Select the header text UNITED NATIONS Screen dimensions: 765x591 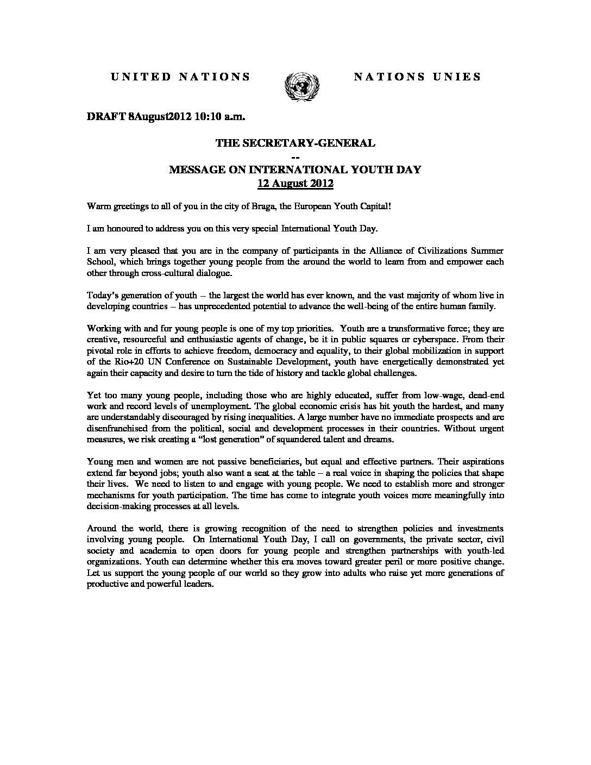(x=181, y=77)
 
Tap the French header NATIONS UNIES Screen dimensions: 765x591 (x=417, y=77)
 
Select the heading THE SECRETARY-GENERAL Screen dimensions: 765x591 (x=295, y=143)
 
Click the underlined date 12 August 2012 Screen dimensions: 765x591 (x=295, y=183)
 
